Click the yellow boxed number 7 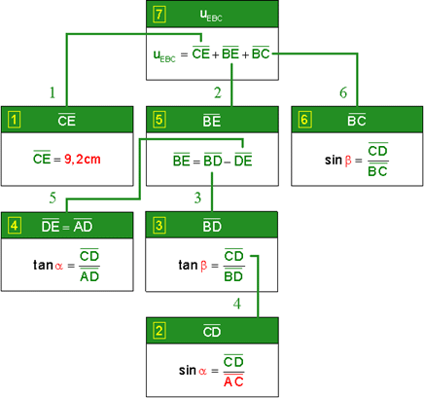(x=159, y=15)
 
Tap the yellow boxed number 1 (x=14, y=120)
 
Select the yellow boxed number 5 (x=159, y=120)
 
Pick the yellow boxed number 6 (x=304, y=120)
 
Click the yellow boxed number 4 (x=14, y=226)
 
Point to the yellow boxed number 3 (x=159, y=226)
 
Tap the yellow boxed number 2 (x=159, y=331)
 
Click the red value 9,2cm (x=83, y=160)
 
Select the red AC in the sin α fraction (x=233, y=381)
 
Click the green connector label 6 (x=343, y=92)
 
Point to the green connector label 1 (x=53, y=92)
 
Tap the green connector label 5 (x=53, y=198)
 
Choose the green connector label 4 (x=237, y=304)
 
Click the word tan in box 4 (x=43, y=265)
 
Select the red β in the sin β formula (x=348, y=161)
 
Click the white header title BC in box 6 (x=357, y=121)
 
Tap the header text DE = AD (x=67, y=226)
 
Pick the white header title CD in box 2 (x=212, y=332)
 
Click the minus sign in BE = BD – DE (x=228, y=162)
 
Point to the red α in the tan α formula (x=58, y=267)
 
